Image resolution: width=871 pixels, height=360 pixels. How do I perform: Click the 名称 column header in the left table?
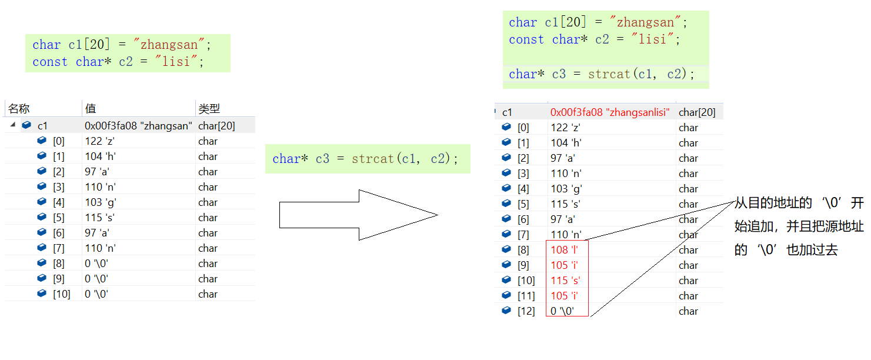pos(19,109)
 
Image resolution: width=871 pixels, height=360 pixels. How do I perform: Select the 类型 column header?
pos(209,109)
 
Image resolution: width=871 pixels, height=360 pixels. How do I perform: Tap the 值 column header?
pos(91,109)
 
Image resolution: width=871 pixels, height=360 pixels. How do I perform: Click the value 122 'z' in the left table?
pos(99,141)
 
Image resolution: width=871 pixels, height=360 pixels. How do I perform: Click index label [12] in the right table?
pos(526,311)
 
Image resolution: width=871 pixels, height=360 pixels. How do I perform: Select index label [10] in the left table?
pos(61,294)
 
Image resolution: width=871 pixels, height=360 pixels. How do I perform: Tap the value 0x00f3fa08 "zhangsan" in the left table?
pos(138,126)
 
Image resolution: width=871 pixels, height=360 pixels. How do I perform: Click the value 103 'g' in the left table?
pos(99,202)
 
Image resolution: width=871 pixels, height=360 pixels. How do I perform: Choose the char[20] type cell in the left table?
pos(216,126)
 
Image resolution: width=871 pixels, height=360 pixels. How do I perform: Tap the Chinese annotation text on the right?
pos(799,226)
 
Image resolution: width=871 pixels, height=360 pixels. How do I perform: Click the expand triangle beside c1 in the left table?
pos(13,125)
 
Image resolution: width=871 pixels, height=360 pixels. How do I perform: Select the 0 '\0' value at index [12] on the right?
pos(562,311)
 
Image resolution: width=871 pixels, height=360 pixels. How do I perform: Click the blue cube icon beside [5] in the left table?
pos(41,218)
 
